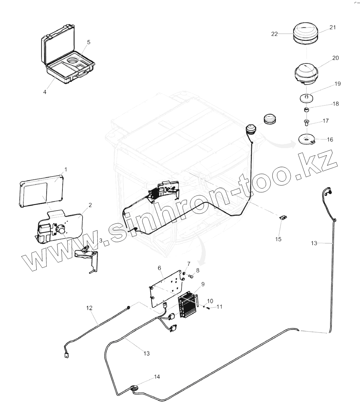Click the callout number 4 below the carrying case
[45, 92]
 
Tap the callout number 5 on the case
[88, 42]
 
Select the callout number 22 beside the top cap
[274, 34]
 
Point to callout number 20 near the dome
[335, 58]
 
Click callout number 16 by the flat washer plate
[330, 140]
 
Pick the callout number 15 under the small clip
[278, 239]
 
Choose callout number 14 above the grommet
[157, 376]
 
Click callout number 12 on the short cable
[89, 308]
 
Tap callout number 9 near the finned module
[203, 284]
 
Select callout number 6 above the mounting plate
[159, 268]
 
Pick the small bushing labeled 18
[306, 110]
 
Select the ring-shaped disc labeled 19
[306, 98]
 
